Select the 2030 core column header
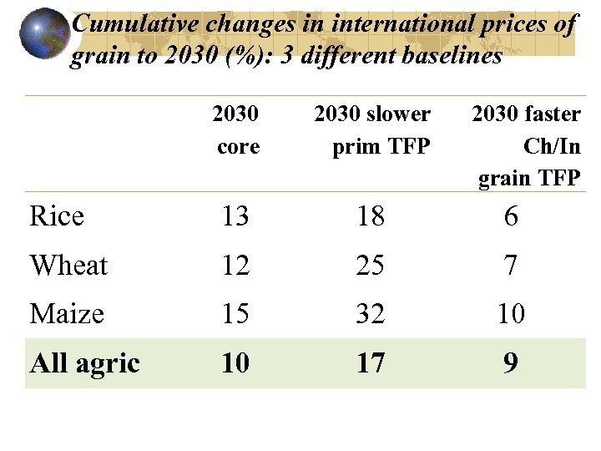pyautogui.click(x=236, y=130)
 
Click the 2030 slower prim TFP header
pyautogui.click(x=372, y=130)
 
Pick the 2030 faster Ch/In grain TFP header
pyautogui.click(x=527, y=145)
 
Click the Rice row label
pyautogui.click(x=57, y=216)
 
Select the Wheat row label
pyautogui.click(x=68, y=266)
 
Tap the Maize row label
pyautogui.click(x=67, y=314)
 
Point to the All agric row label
pyautogui.click(x=84, y=363)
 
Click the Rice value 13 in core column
pyautogui.click(x=235, y=217)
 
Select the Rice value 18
pyautogui.click(x=371, y=217)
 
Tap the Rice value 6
pyautogui.click(x=511, y=217)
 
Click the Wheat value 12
pyautogui.click(x=235, y=266)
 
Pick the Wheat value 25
pyautogui.click(x=371, y=266)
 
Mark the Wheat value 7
pyautogui.click(x=511, y=266)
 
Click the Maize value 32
pyautogui.click(x=371, y=315)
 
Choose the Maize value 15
pyautogui.click(x=235, y=315)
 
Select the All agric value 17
pyautogui.click(x=371, y=363)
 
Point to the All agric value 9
pyautogui.click(x=511, y=363)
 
